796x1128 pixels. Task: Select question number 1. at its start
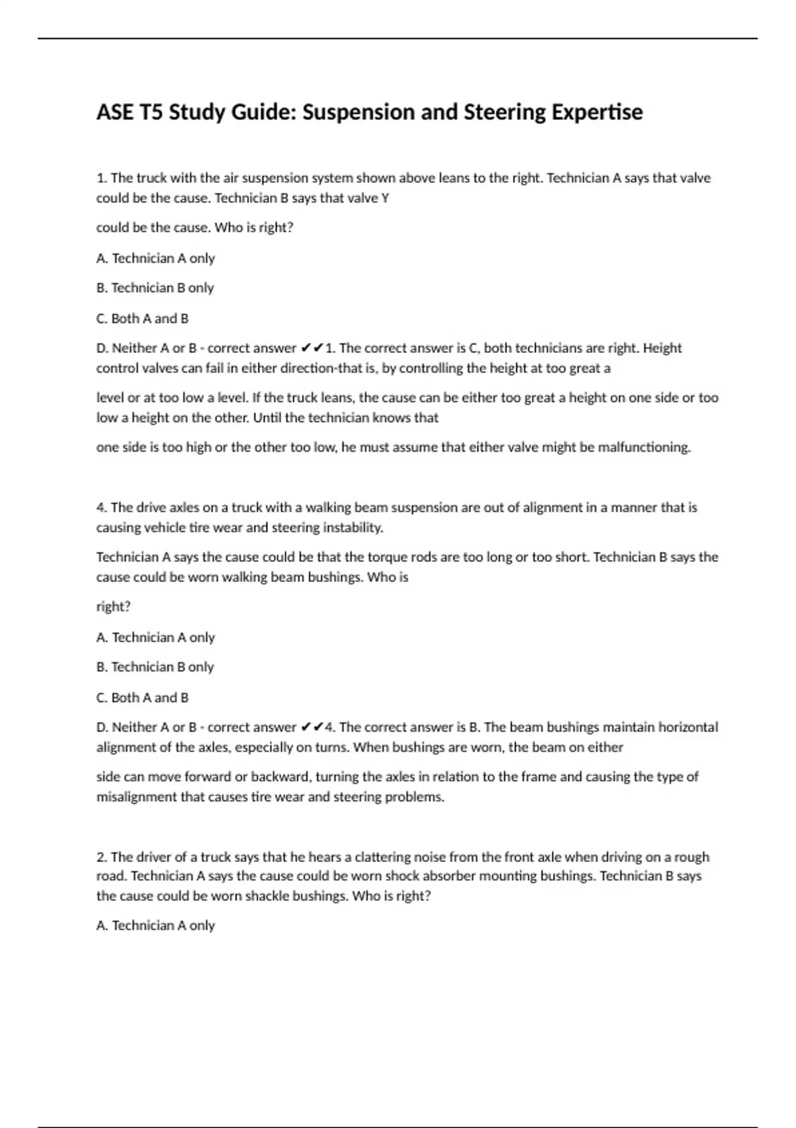coord(102,178)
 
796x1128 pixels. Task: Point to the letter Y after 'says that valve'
coord(385,198)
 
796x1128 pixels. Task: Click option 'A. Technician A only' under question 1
coord(155,258)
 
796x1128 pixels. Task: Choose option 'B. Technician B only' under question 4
coord(155,667)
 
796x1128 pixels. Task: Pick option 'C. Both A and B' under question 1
coord(142,318)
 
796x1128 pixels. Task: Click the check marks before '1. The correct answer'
coord(312,348)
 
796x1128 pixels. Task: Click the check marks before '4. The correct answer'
coord(312,727)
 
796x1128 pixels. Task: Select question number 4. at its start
coord(102,508)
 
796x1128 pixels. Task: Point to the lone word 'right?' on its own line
coord(113,606)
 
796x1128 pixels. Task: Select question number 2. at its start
coord(102,857)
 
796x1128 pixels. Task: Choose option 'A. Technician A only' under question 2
coord(155,926)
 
